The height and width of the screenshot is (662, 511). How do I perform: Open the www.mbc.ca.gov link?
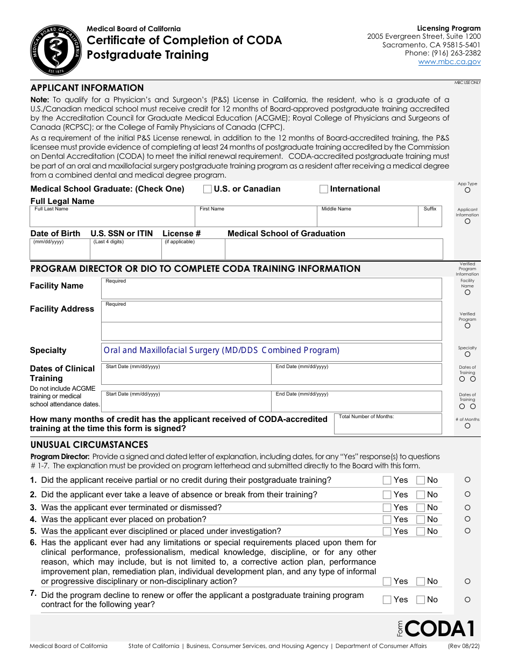click(x=449, y=62)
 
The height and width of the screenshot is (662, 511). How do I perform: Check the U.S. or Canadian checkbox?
click(x=207, y=189)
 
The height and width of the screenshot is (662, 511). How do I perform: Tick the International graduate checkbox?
click(x=324, y=189)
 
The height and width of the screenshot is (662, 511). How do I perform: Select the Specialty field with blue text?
click(x=271, y=350)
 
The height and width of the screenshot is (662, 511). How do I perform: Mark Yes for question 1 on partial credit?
click(x=387, y=480)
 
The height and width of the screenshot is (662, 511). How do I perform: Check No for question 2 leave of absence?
click(x=421, y=495)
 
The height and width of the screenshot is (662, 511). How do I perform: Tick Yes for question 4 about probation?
click(x=387, y=519)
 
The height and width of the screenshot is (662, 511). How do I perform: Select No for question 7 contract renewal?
click(x=421, y=600)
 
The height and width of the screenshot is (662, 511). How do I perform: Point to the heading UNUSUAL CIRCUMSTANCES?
click(x=89, y=445)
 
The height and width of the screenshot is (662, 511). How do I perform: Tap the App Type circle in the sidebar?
click(x=467, y=190)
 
